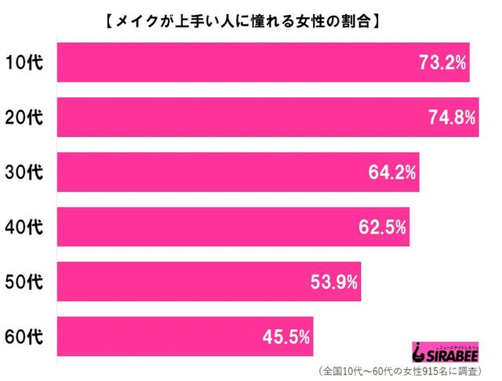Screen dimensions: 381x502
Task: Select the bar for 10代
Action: point(263,63)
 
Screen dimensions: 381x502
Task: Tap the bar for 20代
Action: point(267,118)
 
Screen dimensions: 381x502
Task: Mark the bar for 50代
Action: point(209,281)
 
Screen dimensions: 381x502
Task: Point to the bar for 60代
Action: point(185,336)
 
